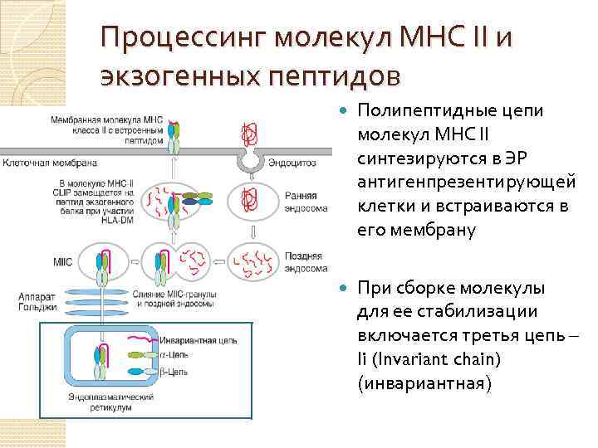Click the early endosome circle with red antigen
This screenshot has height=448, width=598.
click(248, 199)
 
